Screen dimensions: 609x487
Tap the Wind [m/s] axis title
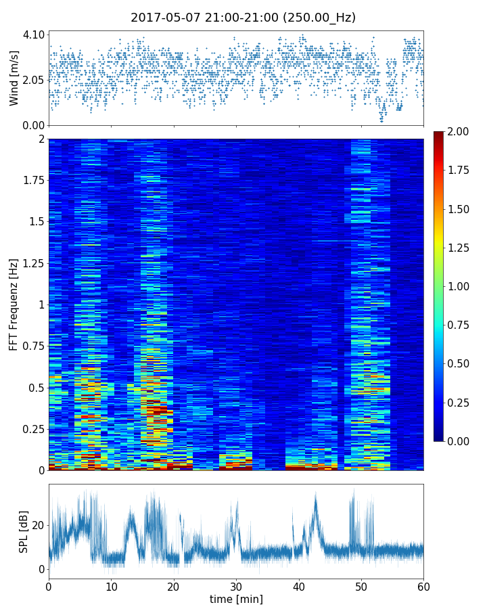[14, 80]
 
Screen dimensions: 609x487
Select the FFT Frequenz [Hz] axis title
[14, 304]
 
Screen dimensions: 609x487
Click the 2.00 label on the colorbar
[459, 131]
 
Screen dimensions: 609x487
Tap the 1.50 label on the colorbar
[459, 209]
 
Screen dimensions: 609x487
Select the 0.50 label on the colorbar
[459, 363]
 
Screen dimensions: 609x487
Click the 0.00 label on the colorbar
[459, 441]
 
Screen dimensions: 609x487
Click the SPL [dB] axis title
[24, 531]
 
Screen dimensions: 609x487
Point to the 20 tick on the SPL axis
[38, 525]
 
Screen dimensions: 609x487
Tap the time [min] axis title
[236, 599]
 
